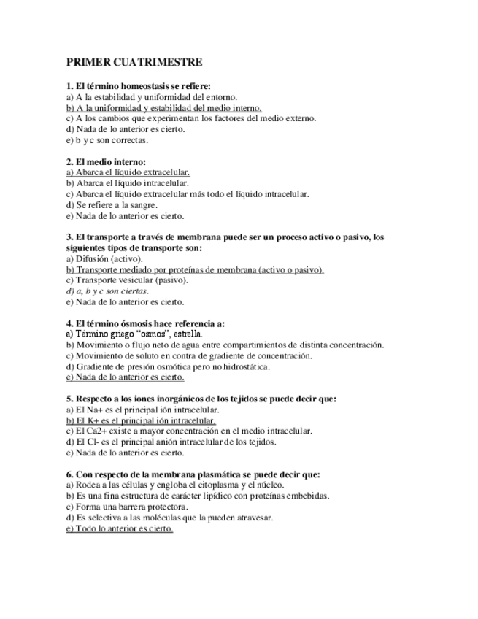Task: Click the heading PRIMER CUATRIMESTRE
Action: pos(134,63)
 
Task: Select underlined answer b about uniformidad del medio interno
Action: pos(163,107)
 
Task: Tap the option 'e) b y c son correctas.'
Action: pos(107,139)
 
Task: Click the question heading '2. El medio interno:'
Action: pos(106,161)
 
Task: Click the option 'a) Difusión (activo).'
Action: pos(104,258)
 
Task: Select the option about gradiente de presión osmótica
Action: pos(168,366)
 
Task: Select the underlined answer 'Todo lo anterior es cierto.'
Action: pos(120,528)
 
